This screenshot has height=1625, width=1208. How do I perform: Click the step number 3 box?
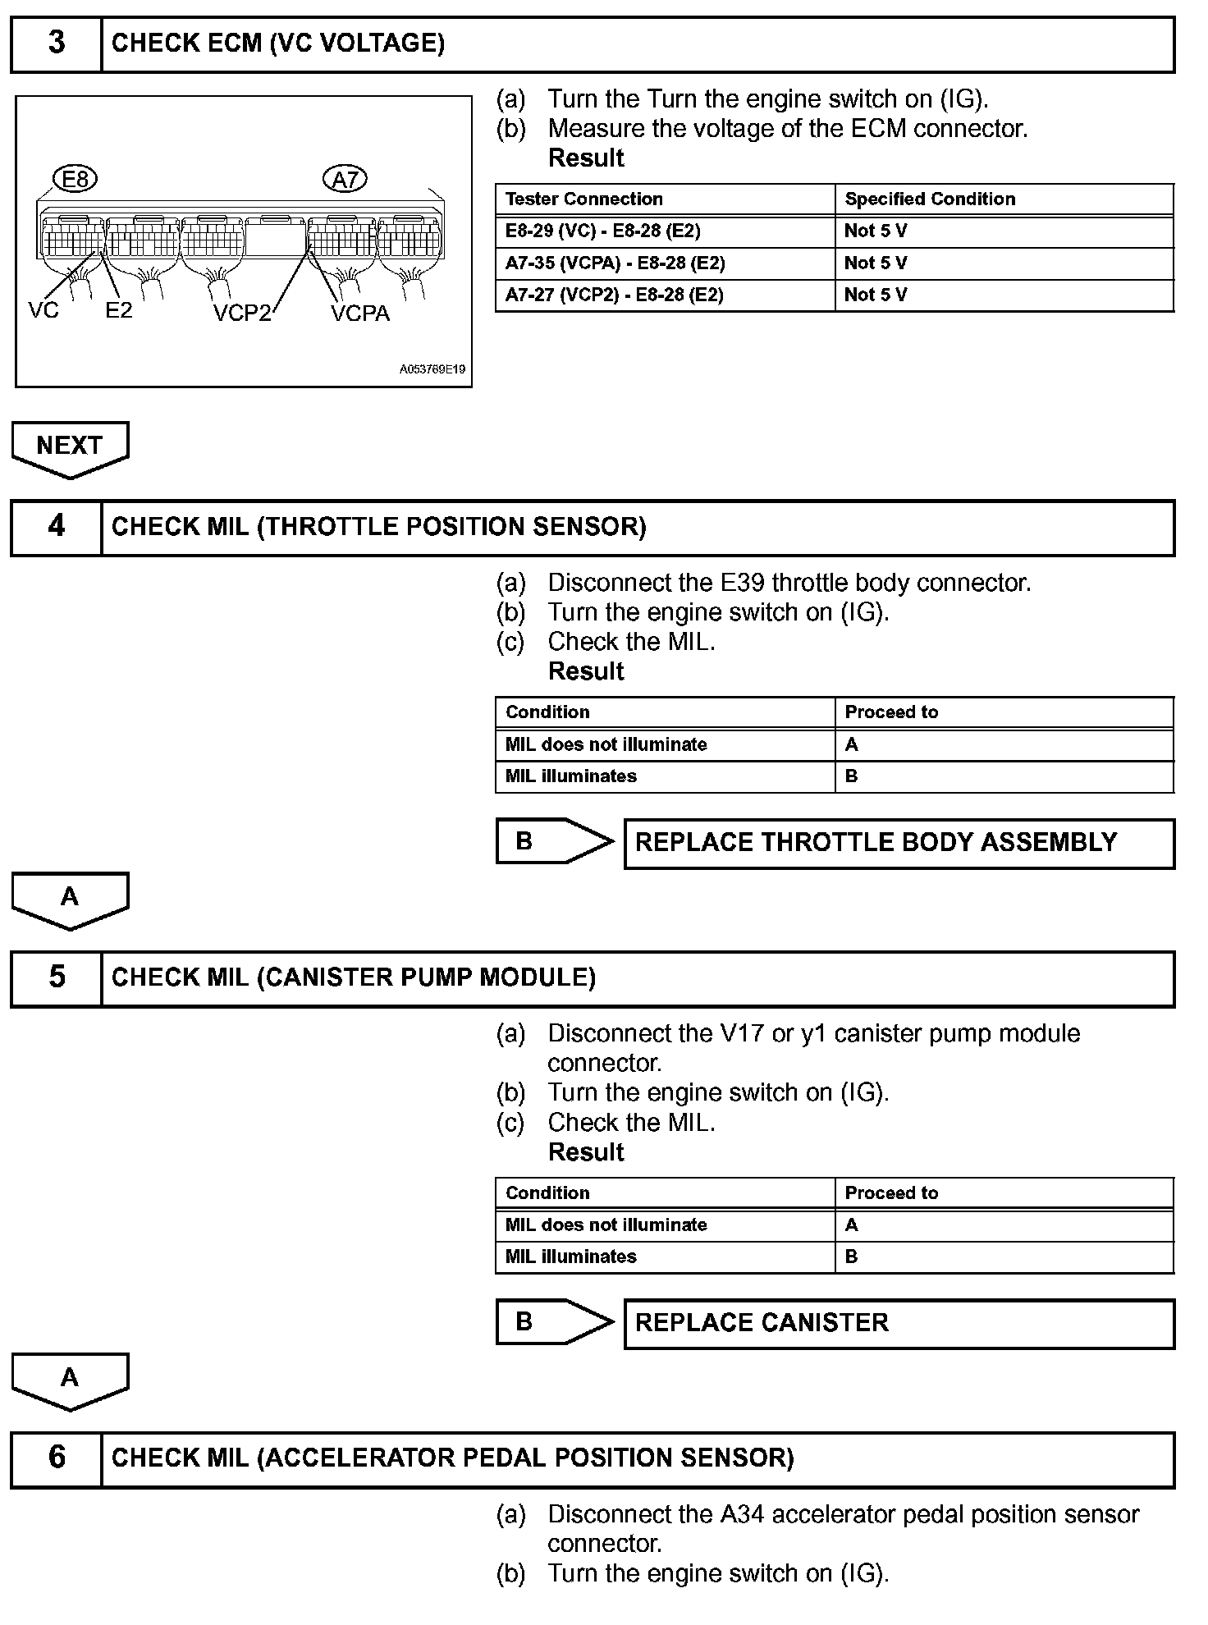point(56,43)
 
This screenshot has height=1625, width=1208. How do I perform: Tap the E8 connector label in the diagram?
point(75,178)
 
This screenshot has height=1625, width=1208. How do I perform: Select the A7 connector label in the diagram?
point(345,178)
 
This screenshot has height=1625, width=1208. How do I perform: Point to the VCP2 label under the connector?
point(241,313)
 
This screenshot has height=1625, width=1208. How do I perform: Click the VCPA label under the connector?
point(360,313)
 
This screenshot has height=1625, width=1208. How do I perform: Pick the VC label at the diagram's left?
point(43,309)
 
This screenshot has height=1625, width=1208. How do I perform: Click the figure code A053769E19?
point(432,369)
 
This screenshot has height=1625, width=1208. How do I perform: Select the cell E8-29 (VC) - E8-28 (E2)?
point(603,231)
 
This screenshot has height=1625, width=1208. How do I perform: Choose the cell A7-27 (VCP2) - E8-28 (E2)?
point(614,295)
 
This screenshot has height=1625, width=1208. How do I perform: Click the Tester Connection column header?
point(584,199)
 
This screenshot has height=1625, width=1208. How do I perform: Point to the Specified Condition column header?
point(930,199)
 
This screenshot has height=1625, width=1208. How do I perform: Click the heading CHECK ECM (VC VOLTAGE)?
point(278,43)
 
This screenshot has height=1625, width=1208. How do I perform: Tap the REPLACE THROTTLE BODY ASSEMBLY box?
point(899,843)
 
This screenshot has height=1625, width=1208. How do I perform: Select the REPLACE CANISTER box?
point(899,1323)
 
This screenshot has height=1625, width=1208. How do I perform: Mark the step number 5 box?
point(56,977)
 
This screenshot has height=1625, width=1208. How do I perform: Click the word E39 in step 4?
point(743,583)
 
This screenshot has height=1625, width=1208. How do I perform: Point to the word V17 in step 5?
point(743,1033)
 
